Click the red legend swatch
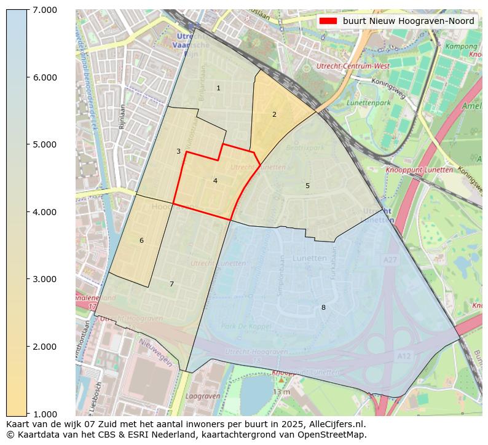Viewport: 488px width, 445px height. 329,21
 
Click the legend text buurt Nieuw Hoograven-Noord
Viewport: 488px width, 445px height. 408,21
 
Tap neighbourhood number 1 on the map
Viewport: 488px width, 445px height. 218,89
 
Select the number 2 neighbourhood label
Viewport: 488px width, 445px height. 274,114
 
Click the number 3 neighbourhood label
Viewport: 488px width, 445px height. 178,151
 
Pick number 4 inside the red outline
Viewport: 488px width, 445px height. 215,181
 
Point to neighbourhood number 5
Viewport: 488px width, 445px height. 307,186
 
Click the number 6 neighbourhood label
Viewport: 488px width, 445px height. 141,240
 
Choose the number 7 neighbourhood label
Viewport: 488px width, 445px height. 171,284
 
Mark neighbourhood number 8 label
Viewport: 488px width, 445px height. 323,307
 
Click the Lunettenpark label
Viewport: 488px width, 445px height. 369,103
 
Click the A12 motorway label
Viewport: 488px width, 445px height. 404,356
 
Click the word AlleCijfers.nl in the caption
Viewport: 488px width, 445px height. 337,424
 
